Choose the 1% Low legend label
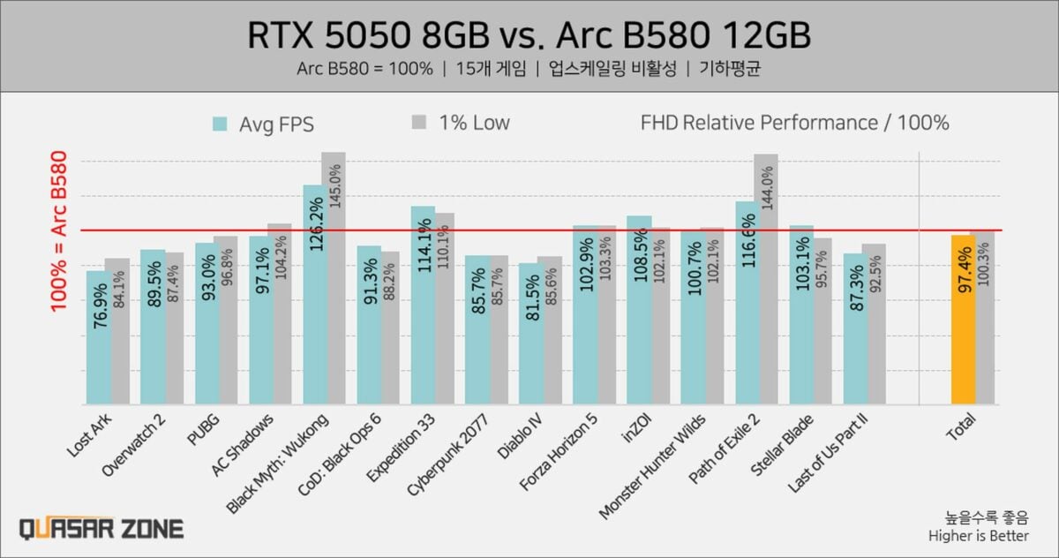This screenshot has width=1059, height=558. click(x=474, y=123)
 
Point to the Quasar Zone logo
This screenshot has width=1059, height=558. click(x=101, y=529)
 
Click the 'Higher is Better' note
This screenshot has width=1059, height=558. click(x=978, y=535)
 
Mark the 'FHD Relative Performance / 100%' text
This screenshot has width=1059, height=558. click(x=794, y=123)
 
